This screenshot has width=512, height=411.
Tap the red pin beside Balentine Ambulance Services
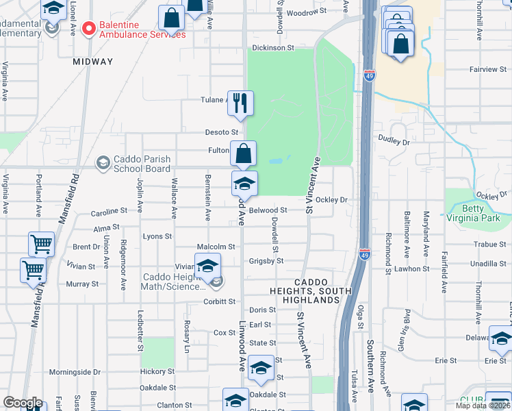[x=88, y=29]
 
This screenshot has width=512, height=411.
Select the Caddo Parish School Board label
[x=143, y=164]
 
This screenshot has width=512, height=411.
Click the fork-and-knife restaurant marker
[x=240, y=103]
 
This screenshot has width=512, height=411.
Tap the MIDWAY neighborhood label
[x=93, y=62]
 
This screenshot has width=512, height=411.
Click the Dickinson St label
[x=272, y=48]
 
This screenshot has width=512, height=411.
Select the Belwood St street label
[x=268, y=211]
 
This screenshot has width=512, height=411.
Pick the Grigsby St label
[x=266, y=261]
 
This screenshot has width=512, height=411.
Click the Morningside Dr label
[x=75, y=372]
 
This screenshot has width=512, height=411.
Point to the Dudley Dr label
[x=394, y=141]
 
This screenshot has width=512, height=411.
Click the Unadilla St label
[x=489, y=264]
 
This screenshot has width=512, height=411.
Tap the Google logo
[x=23, y=403]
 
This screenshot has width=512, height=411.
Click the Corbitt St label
[x=220, y=301]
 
